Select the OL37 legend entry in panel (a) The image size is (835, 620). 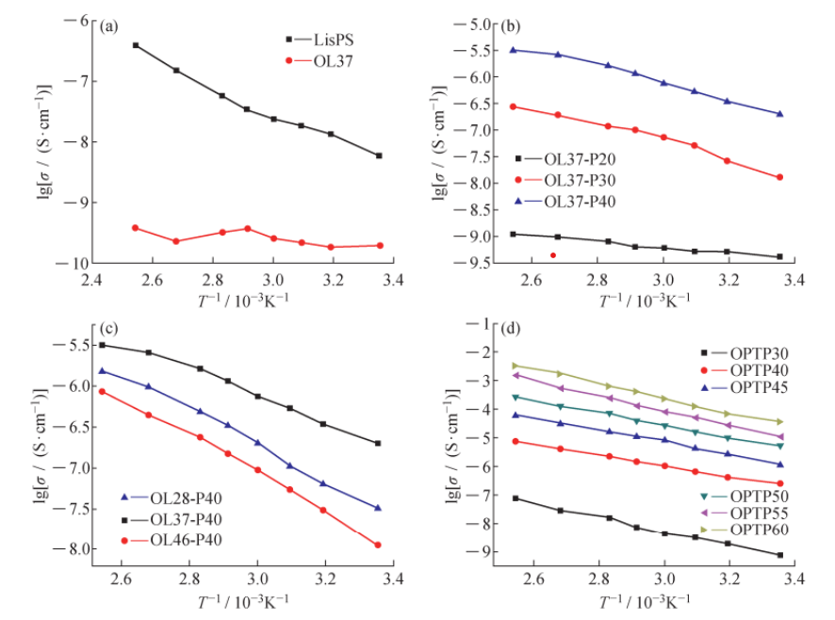326,61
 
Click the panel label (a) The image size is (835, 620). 109,25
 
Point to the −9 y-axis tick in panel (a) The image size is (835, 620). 75,203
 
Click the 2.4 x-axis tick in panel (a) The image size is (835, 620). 91,280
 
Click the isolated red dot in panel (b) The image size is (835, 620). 553,255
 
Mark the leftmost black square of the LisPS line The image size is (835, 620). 136,45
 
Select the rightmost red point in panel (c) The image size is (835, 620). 378,545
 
